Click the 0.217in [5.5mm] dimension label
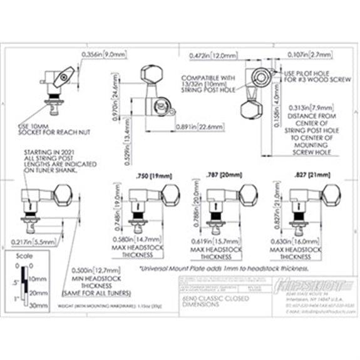pyautogui.click(x=30, y=240)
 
